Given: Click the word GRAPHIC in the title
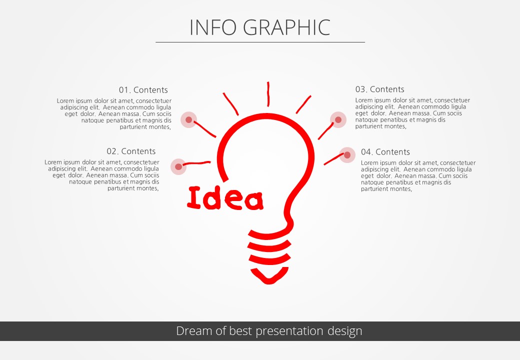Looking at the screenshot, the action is click(x=287, y=27).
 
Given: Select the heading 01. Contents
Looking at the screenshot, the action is click(x=143, y=90).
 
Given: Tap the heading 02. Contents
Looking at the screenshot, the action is click(x=131, y=151).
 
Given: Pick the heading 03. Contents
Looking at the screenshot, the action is click(x=379, y=89).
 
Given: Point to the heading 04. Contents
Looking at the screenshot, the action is click(x=385, y=152).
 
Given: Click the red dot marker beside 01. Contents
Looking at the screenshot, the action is click(x=188, y=119).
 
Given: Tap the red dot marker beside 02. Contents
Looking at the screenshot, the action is click(x=178, y=166).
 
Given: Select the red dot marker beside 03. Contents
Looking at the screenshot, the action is click(x=338, y=119).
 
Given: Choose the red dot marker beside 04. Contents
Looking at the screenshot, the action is click(x=347, y=155).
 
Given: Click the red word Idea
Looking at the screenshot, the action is click(x=225, y=198).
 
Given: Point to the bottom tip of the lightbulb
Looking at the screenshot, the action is click(x=268, y=283).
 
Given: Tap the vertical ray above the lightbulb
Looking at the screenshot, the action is click(x=268, y=94).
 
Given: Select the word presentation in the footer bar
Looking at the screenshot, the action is click(x=289, y=331).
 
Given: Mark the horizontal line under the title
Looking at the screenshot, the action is click(x=260, y=42).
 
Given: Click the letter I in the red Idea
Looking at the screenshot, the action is click(x=194, y=197).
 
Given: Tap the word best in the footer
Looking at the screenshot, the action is click(x=240, y=331).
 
